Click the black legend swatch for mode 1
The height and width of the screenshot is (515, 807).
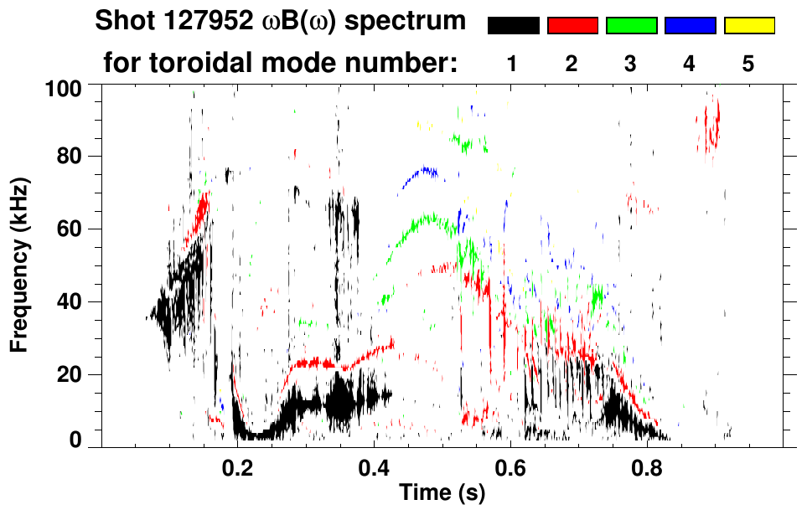513,26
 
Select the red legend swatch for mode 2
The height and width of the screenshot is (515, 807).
572,26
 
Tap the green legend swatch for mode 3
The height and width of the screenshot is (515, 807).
631,26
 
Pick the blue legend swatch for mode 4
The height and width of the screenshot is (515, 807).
690,26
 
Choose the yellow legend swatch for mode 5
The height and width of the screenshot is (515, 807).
748,26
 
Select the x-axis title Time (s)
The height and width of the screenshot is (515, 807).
441,492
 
